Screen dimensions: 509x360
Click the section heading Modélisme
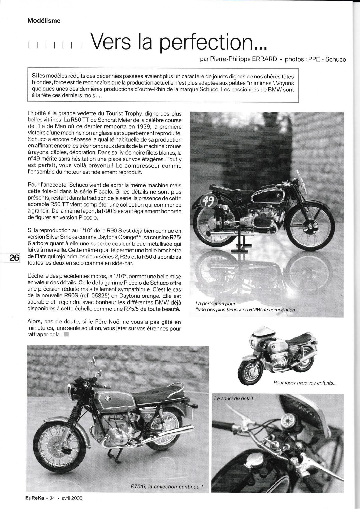[44, 20]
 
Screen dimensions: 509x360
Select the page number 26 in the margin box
[14, 257]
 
